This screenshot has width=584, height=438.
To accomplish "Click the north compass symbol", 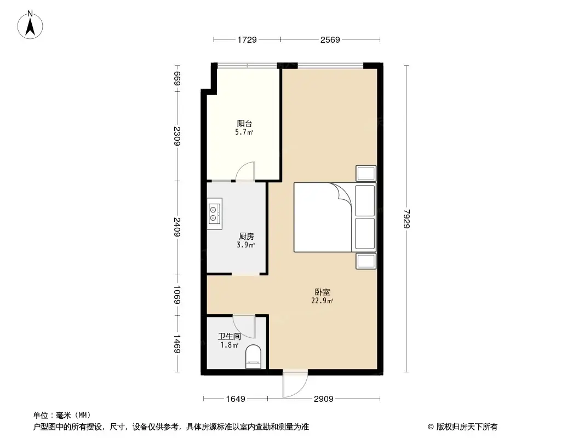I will (x=31, y=24).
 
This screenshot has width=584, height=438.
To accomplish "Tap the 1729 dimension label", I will (x=247, y=39).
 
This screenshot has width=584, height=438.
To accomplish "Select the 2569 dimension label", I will (x=330, y=39).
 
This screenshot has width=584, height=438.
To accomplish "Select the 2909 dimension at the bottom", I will (x=323, y=399).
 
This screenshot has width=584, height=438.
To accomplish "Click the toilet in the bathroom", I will (x=253, y=356).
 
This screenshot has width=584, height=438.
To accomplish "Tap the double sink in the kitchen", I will (x=214, y=214).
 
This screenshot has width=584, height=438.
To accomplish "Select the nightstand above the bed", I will (x=366, y=173).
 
